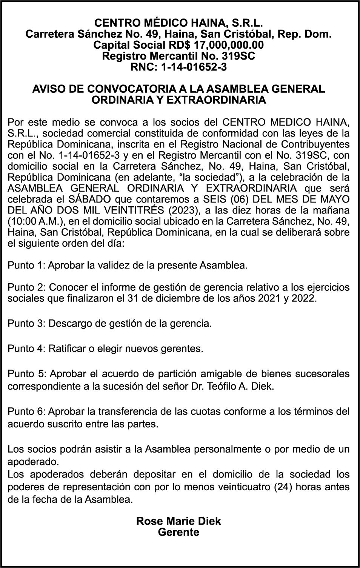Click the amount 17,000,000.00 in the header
[x=229, y=45]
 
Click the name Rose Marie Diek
[x=178, y=521]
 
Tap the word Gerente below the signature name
[x=178, y=532]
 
